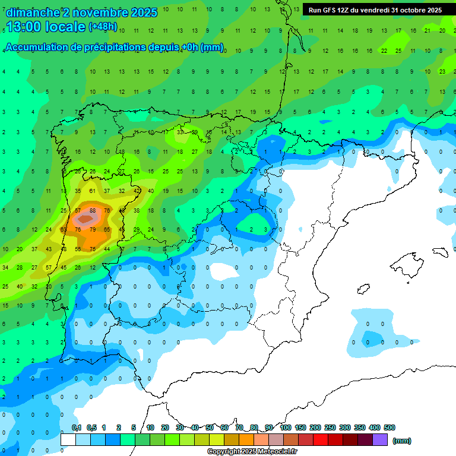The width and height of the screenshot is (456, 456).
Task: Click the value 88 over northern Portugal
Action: pyautogui.click(x=93, y=210)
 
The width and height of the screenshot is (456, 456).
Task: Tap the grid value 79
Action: pyautogui.click(x=93, y=229)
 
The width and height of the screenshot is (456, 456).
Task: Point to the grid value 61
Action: pyautogui.click(x=93, y=191)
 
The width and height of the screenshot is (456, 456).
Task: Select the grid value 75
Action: pyautogui.click(x=93, y=249)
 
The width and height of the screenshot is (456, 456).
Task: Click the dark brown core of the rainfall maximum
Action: pyautogui.click(x=85, y=219)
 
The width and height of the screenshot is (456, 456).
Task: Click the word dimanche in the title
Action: pyautogui.click(x=33, y=12)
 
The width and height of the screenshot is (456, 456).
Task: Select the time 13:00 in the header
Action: pyautogui.click(x=27, y=27)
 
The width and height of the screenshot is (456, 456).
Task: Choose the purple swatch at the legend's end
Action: pyautogui.click(x=380, y=440)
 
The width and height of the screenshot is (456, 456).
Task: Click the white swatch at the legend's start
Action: pyautogui.click(x=68, y=440)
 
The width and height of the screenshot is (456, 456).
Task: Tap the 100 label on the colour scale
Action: pyautogui.click(x=285, y=428)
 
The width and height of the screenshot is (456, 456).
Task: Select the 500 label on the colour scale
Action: pyautogui.click(x=389, y=428)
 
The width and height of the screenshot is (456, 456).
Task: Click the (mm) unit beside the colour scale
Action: pyautogui.click(x=402, y=441)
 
